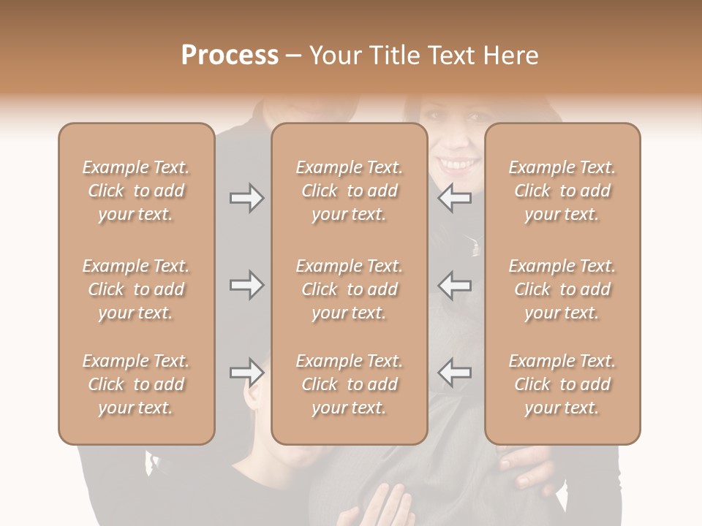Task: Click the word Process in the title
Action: pyautogui.click(x=230, y=56)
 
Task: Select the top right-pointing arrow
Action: pyautogui.click(x=247, y=198)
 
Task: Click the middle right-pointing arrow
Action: pyautogui.click(x=247, y=285)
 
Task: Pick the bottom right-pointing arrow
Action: pyautogui.click(x=247, y=373)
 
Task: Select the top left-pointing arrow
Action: pyautogui.click(x=455, y=198)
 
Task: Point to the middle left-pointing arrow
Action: pyautogui.click(x=455, y=285)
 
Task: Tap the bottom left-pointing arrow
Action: pyautogui.click(x=455, y=373)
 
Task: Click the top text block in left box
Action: pyautogui.click(x=136, y=191)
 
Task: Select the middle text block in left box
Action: pyautogui.click(x=136, y=289)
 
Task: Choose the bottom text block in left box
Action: pyautogui.click(x=136, y=384)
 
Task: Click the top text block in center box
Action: pyautogui.click(x=350, y=191)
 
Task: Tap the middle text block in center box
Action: pyautogui.click(x=350, y=289)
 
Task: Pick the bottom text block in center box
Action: pyautogui.click(x=350, y=384)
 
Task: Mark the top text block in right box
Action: pyautogui.click(x=562, y=191)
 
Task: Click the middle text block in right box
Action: pyautogui.click(x=562, y=289)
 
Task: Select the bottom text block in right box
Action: pyautogui.click(x=562, y=384)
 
